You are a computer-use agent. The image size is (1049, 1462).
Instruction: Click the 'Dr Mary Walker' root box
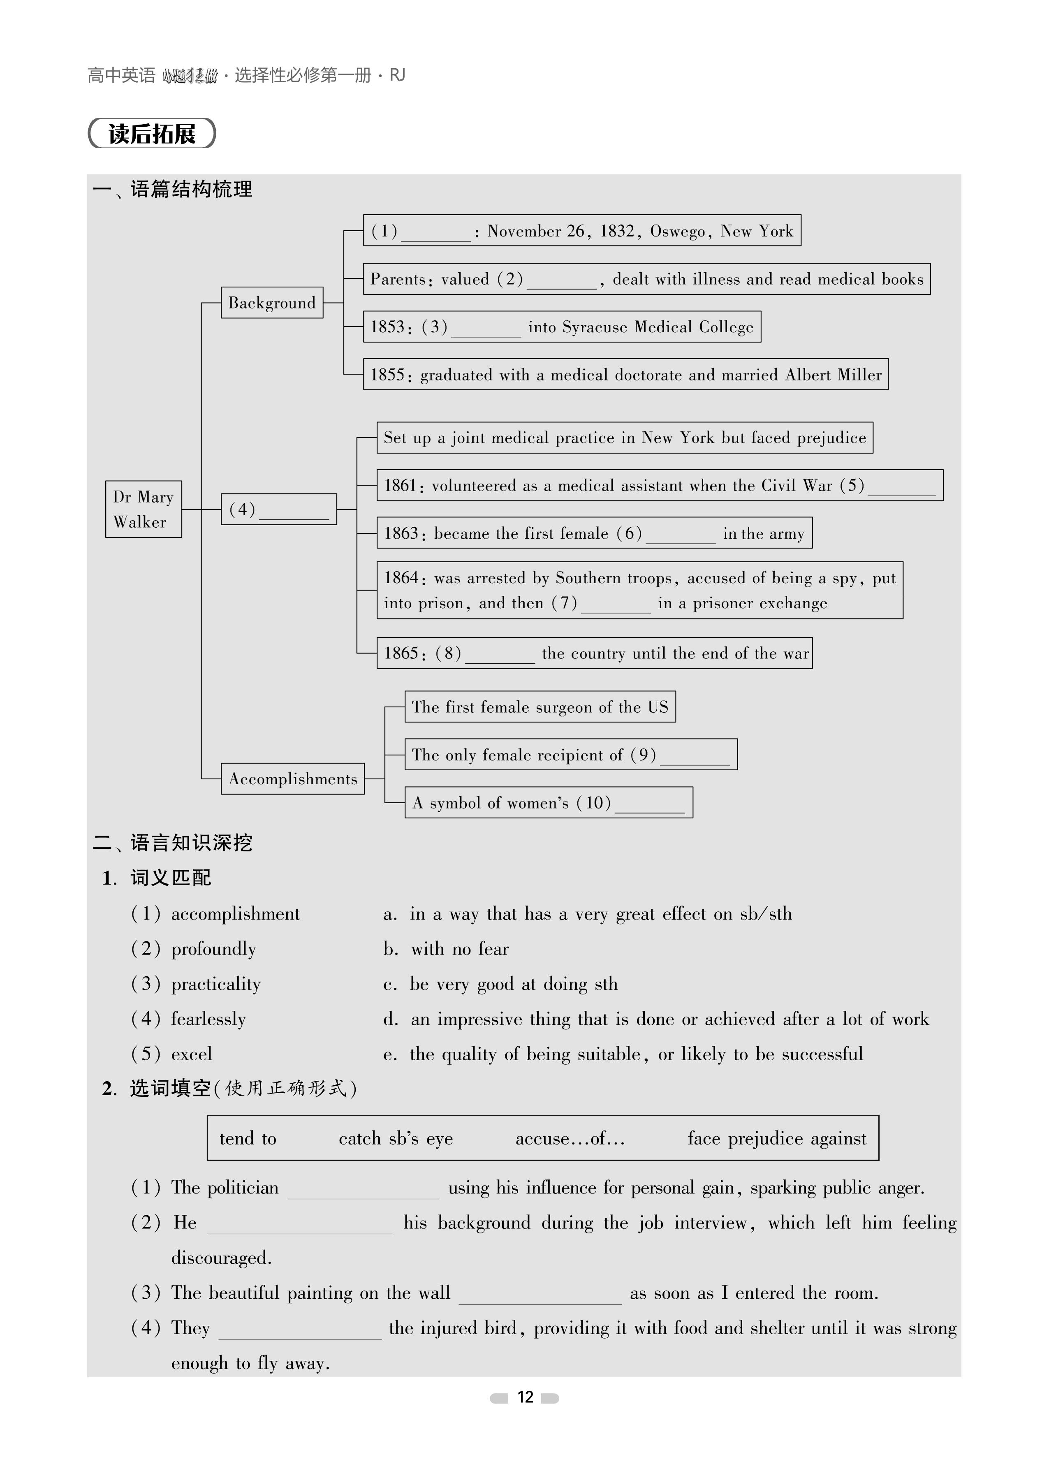click(143, 509)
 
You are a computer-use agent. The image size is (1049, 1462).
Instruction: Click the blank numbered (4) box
click(278, 509)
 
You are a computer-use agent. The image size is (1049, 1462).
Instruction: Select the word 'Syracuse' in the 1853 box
click(595, 327)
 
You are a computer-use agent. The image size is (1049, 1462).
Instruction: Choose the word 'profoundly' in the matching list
click(213, 949)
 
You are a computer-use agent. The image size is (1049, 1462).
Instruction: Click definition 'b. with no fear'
click(446, 949)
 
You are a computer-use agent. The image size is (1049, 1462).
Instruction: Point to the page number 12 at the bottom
click(525, 1397)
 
